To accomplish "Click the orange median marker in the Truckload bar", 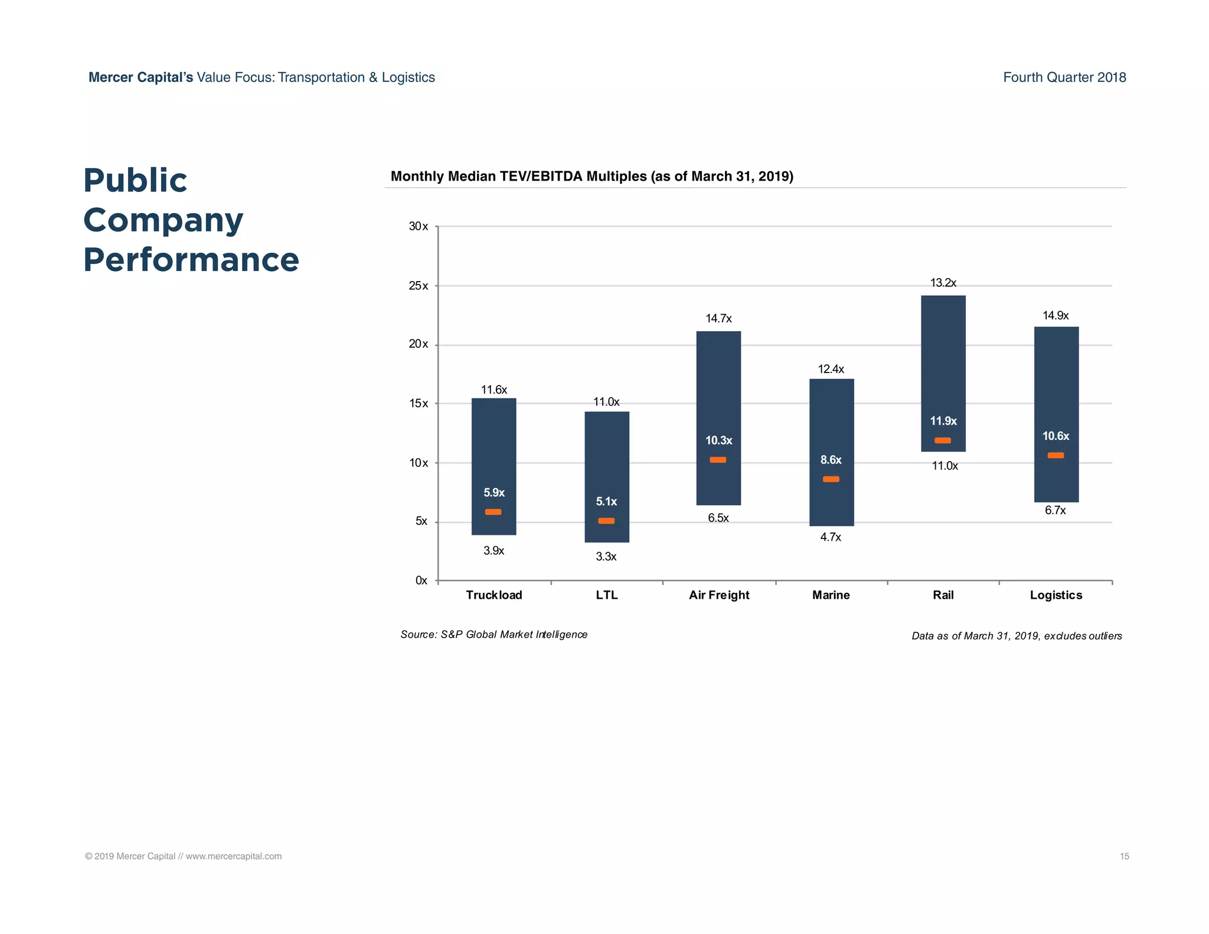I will [493, 512].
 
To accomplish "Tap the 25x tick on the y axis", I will [419, 286].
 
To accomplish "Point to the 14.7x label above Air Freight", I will [718, 319].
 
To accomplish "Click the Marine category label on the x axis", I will [831, 595].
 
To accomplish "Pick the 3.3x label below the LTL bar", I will [606, 557].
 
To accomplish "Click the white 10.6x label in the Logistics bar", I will [1056, 436].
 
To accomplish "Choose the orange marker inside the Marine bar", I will [831, 479].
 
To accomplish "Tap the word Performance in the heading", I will [191, 260].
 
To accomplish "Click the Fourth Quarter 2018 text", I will [1064, 77].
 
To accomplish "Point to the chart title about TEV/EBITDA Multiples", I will [592, 177].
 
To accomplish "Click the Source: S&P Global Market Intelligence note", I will [494, 635].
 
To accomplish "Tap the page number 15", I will [1124, 856].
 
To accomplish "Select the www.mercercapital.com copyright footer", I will [183, 856].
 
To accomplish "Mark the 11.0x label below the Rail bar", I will [945, 466].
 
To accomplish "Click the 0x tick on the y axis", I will [421, 581].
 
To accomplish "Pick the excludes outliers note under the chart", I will [1016, 636].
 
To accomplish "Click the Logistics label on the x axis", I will [1056, 595].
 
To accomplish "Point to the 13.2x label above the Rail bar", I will [943, 283].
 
